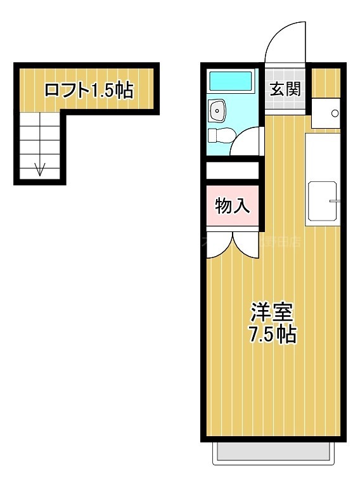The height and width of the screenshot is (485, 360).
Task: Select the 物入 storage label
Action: pyautogui.click(x=233, y=205)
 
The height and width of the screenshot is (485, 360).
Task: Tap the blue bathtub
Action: pyautogui.click(x=231, y=81)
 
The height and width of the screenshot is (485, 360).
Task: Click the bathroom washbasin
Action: pyautogui.click(x=218, y=112)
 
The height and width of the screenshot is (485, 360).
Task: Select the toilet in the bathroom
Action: pyautogui.click(x=220, y=135)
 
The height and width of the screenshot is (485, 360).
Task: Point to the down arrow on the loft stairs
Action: pyautogui.click(x=41, y=169)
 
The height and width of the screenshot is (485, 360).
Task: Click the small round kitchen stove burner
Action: pyautogui.click(x=334, y=113)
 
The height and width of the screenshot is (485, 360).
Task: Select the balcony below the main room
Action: pyautogui.click(x=274, y=452)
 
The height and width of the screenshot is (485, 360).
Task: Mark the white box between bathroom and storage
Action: pyautogui.click(x=233, y=171)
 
